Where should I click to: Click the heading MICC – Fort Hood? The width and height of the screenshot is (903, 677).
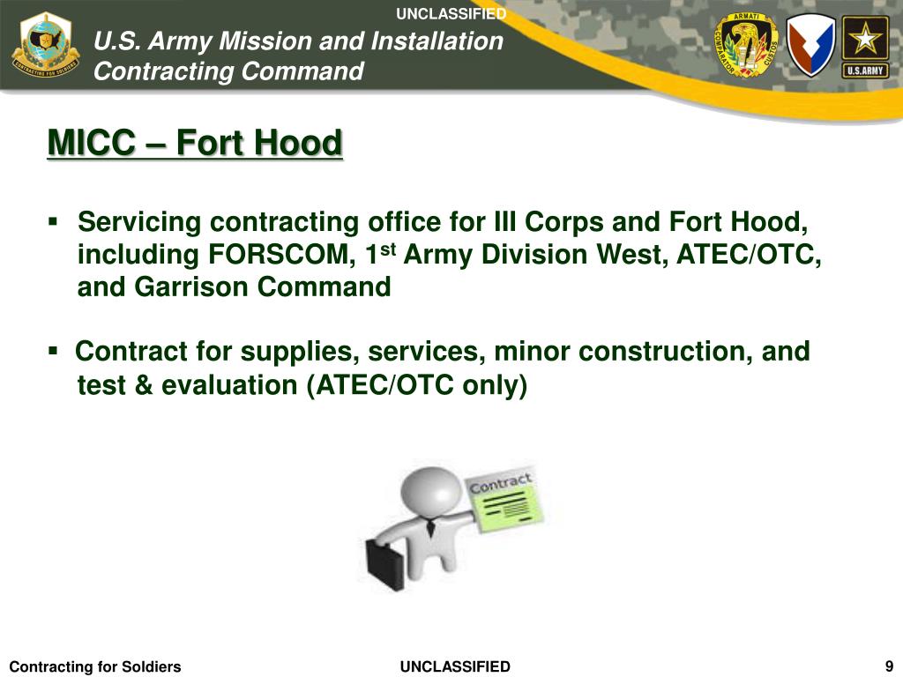tap(194, 143)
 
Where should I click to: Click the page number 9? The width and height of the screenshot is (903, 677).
tap(889, 666)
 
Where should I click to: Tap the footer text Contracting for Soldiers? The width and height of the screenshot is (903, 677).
tap(94, 666)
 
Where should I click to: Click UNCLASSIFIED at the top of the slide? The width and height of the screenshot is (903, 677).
tap(451, 13)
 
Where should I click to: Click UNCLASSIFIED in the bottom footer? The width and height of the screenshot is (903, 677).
tap(455, 666)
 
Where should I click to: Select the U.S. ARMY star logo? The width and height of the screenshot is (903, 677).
tap(864, 46)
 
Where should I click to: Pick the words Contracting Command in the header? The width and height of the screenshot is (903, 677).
tap(228, 71)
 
